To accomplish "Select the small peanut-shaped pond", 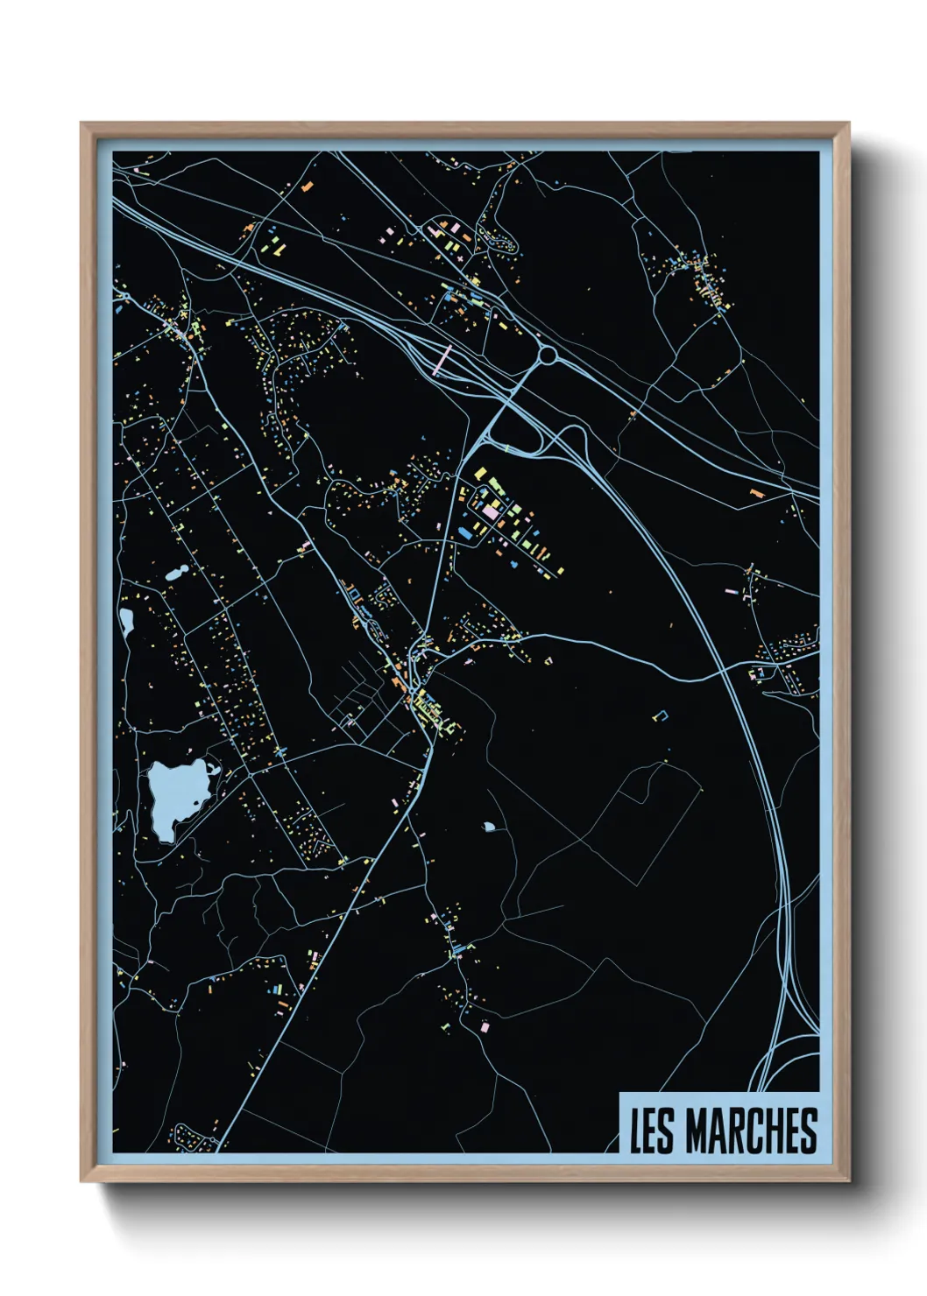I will click(176, 574).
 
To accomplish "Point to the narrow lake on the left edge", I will click(127, 622).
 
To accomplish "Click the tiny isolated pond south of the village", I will click(488, 826).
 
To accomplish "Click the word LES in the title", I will click(652, 1130).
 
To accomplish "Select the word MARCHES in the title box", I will click(751, 1130).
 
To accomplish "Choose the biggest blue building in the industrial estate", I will click(464, 532).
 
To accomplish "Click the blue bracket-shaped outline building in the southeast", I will click(661, 715).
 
